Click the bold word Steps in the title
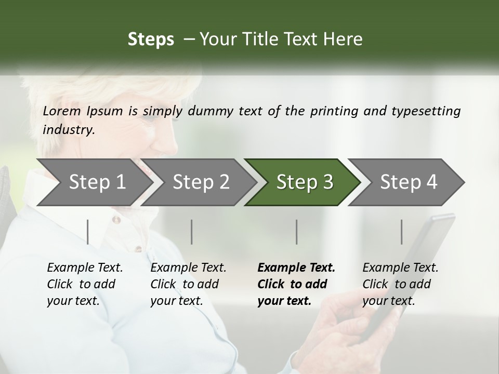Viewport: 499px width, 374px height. click(151, 39)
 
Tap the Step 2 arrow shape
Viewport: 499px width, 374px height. click(200, 182)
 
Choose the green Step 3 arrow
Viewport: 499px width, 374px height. click(304, 182)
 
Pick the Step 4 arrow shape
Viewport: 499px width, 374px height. click(408, 182)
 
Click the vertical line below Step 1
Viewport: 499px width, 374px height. click(88, 232)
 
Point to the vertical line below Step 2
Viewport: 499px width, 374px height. click(192, 232)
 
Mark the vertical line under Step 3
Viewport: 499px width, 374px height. click(297, 232)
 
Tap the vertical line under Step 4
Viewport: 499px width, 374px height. click(401, 232)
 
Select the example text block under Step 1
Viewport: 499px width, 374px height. click(85, 284)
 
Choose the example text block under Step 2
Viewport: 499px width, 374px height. click(188, 284)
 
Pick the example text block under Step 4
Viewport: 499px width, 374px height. click(400, 284)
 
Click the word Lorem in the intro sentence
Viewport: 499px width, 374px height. click(62, 111)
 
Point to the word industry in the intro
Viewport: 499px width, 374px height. click(68, 130)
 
